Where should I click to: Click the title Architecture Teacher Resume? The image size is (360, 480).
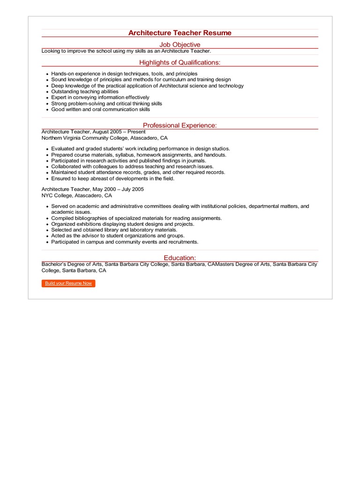(x=180, y=33)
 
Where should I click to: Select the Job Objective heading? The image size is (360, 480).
(x=180, y=45)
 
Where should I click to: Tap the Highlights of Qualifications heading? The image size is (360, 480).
(x=180, y=62)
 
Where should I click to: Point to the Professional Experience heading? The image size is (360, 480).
(x=180, y=125)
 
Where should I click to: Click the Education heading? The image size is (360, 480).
(x=180, y=258)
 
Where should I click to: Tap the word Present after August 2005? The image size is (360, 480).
(x=136, y=132)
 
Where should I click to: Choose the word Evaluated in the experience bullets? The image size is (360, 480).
(x=63, y=149)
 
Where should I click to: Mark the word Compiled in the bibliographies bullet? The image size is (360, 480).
(x=62, y=218)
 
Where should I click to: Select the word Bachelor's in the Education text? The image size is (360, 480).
(x=54, y=264)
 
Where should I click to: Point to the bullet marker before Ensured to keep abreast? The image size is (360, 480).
(x=47, y=179)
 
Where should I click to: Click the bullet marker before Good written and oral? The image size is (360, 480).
(x=47, y=110)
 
